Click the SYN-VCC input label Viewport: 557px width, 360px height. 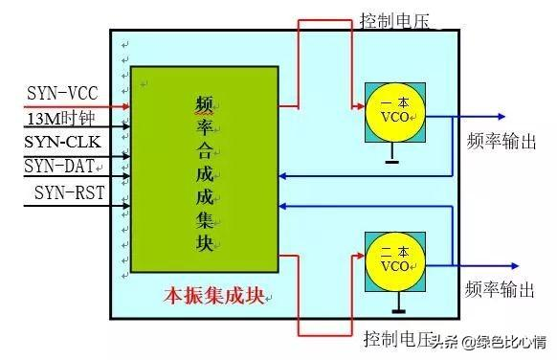(x=61, y=95)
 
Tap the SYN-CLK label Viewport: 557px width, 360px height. (x=63, y=143)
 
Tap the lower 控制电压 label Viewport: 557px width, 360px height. (x=398, y=339)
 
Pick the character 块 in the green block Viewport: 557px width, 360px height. (x=203, y=241)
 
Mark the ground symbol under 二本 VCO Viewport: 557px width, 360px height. (x=396, y=309)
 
